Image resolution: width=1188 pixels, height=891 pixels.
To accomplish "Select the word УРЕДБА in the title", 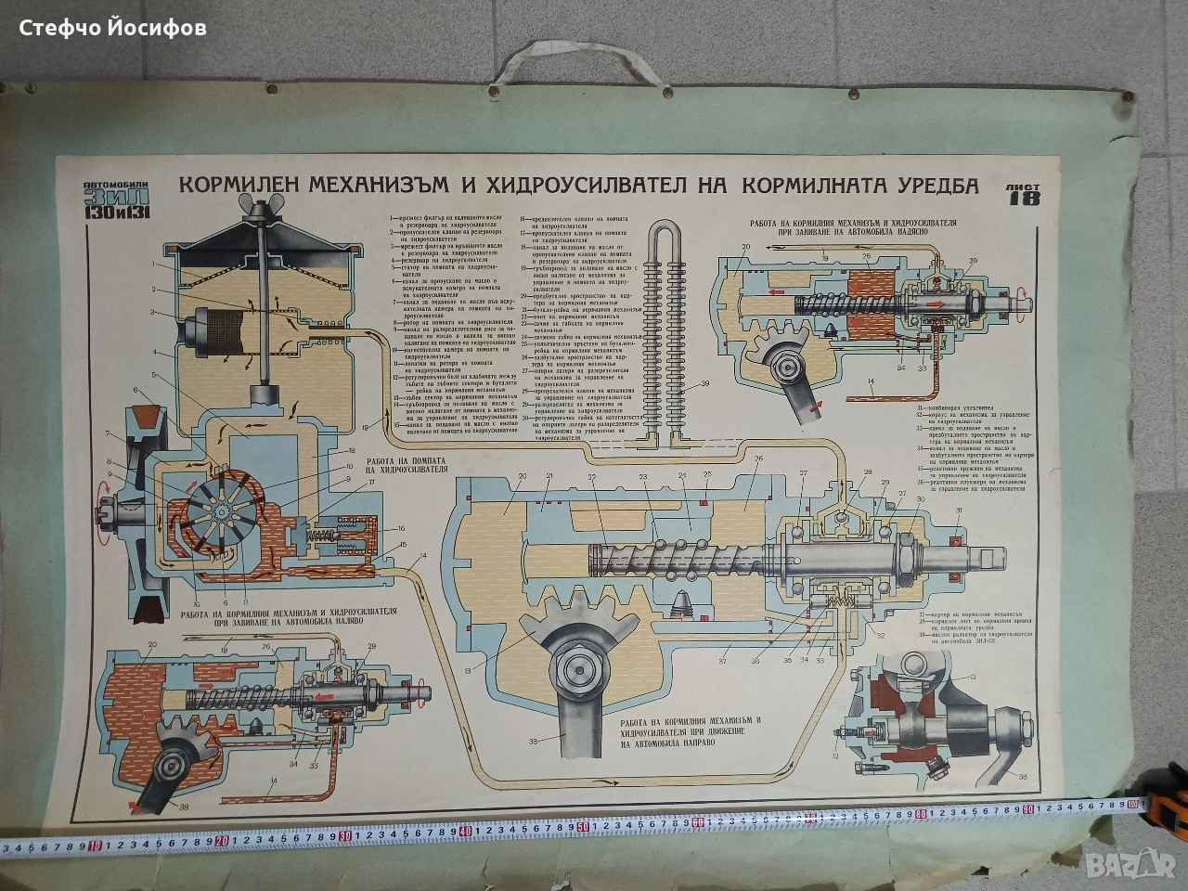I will (919, 186).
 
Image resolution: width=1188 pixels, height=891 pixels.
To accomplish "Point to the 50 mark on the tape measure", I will (581, 827).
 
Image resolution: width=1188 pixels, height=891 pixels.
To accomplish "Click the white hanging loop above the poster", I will (549, 75).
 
